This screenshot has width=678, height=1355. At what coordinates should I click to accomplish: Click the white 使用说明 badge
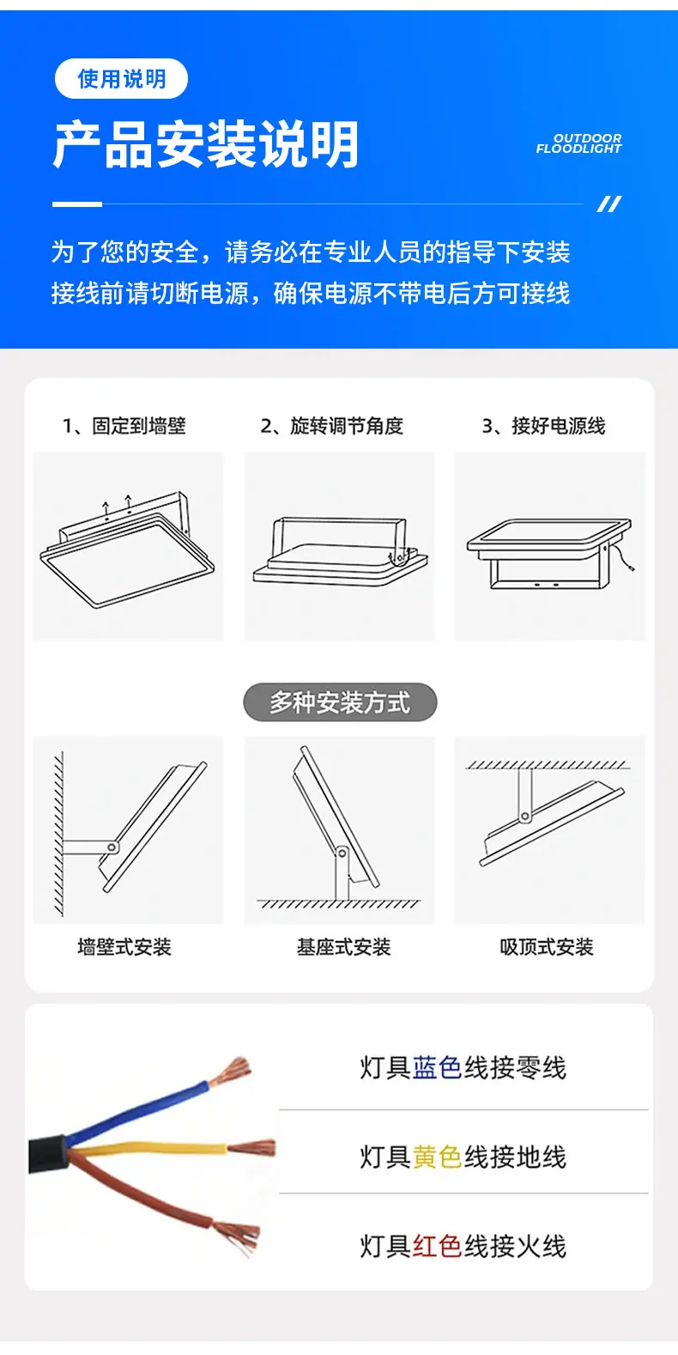(121, 79)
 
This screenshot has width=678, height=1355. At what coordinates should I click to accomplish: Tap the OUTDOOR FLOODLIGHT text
(578, 143)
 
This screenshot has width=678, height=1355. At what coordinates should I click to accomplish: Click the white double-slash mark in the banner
(609, 204)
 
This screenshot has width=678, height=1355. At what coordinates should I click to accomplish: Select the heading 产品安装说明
(206, 144)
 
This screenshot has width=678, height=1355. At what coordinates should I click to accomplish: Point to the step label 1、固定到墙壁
(124, 426)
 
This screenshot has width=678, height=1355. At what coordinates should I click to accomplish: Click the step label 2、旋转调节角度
(331, 426)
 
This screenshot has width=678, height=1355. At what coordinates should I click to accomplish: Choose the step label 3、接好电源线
(543, 426)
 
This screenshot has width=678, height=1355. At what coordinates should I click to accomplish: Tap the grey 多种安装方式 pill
(340, 702)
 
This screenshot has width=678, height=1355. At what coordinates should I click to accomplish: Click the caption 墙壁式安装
(124, 946)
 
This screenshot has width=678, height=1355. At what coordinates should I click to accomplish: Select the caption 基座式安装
(343, 946)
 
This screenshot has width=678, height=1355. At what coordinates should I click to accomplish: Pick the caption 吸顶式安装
(546, 946)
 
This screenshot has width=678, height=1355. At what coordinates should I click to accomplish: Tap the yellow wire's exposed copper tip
(251, 1147)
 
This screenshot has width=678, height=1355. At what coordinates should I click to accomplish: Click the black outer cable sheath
(47, 1155)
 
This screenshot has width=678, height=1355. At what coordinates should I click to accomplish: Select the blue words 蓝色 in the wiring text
(438, 1067)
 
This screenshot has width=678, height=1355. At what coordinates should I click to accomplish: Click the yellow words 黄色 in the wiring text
(438, 1157)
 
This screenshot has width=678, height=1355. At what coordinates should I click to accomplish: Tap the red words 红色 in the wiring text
(438, 1246)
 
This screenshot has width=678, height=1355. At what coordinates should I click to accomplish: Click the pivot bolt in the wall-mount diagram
(112, 848)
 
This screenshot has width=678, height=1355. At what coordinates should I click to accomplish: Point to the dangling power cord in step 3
(623, 558)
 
